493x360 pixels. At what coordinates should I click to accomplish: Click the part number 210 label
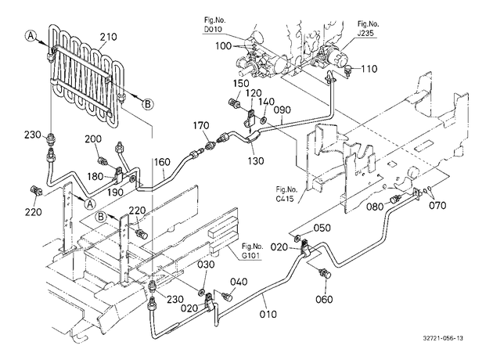109,37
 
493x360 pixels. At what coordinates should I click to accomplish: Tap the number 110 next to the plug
369,69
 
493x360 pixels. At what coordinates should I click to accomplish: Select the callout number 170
201,126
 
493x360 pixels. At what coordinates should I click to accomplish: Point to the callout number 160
162,162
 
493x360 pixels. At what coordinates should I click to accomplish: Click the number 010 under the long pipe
268,314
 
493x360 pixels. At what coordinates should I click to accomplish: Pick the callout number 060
324,299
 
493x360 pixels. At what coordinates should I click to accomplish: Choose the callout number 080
376,207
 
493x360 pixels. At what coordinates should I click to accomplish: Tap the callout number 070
437,206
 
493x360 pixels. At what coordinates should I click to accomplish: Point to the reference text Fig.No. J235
368,28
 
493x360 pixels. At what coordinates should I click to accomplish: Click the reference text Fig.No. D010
215,25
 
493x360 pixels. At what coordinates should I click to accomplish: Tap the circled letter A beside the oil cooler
31,36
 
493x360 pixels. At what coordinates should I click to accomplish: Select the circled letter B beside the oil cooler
148,104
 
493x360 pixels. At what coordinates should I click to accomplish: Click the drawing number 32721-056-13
443,338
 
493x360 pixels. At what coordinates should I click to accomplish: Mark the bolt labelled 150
233,103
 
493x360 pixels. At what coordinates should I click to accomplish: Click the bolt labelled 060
325,274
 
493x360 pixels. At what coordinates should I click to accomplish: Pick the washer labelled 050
296,239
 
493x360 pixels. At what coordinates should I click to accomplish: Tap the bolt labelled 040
226,296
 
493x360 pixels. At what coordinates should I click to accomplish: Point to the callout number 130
255,160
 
